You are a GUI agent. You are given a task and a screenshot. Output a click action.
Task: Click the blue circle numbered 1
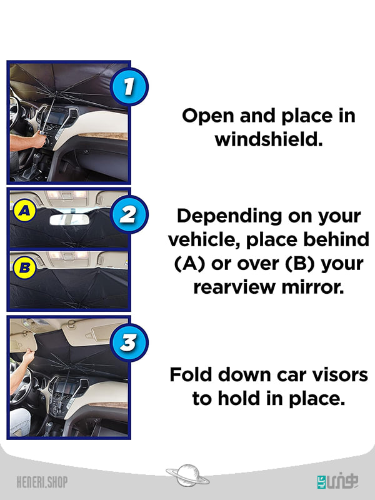tap(129, 87)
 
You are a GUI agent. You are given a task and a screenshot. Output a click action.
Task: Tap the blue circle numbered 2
tap(129, 214)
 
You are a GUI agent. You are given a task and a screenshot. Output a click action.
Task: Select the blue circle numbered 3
tap(129, 342)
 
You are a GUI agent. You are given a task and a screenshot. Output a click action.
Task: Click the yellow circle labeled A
tap(24, 211)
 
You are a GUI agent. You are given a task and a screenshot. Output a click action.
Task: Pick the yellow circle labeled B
tap(24, 267)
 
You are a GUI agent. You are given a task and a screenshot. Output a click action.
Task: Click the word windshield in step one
tap(269, 139)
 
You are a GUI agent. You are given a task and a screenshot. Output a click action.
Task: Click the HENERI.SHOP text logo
tap(42, 482)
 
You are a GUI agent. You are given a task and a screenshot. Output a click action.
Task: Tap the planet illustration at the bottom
tap(187, 476)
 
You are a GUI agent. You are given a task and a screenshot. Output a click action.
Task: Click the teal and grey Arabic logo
tap(337, 481)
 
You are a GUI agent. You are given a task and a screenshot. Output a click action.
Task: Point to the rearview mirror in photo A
tap(69, 220)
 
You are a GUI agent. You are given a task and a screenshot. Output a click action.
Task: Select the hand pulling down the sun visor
tap(28, 356)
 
